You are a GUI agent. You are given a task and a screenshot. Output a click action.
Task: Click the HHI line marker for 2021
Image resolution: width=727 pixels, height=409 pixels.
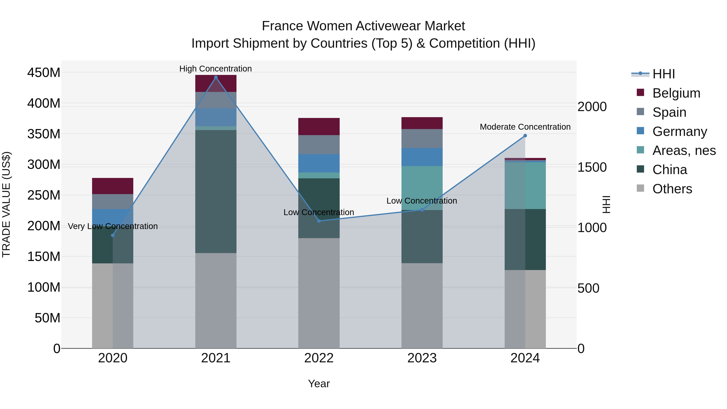click(x=216, y=77)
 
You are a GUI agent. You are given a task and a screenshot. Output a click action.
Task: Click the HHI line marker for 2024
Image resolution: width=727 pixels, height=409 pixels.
click(x=525, y=136)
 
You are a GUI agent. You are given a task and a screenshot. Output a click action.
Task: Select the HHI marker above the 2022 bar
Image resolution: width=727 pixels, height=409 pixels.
click(x=319, y=221)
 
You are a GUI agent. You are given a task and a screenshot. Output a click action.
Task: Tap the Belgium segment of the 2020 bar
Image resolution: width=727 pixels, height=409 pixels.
click(x=113, y=186)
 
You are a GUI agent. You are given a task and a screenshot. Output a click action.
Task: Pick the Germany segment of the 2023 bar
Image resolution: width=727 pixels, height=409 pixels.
click(x=422, y=157)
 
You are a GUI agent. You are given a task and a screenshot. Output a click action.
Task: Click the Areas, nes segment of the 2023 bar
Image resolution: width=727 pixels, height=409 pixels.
click(x=422, y=188)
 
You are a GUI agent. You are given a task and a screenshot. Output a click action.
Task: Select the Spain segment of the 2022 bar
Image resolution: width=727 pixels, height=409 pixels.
click(x=319, y=145)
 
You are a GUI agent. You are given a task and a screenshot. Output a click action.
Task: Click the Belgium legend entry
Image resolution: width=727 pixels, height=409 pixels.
click(x=676, y=93)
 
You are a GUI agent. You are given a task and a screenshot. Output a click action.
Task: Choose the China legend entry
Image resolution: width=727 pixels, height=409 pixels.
click(x=669, y=170)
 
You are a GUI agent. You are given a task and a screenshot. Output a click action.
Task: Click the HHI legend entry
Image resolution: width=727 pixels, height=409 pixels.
click(x=663, y=74)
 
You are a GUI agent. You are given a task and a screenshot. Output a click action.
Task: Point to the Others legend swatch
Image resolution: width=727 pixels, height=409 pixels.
click(x=640, y=188)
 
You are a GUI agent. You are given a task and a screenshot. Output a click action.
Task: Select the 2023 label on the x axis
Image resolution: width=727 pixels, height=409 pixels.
click(x=422, y=358)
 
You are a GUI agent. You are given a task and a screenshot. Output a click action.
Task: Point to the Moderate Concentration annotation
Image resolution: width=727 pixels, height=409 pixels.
click(x=525, y=127)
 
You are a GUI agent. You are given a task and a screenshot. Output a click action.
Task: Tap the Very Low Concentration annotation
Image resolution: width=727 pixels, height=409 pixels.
click(x=113, y=226)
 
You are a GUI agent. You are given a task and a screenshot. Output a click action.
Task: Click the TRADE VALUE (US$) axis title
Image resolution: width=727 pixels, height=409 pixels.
click(x=6, y=204)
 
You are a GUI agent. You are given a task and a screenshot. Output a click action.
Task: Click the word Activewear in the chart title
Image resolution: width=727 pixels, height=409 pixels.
click(x=389, y=26)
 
